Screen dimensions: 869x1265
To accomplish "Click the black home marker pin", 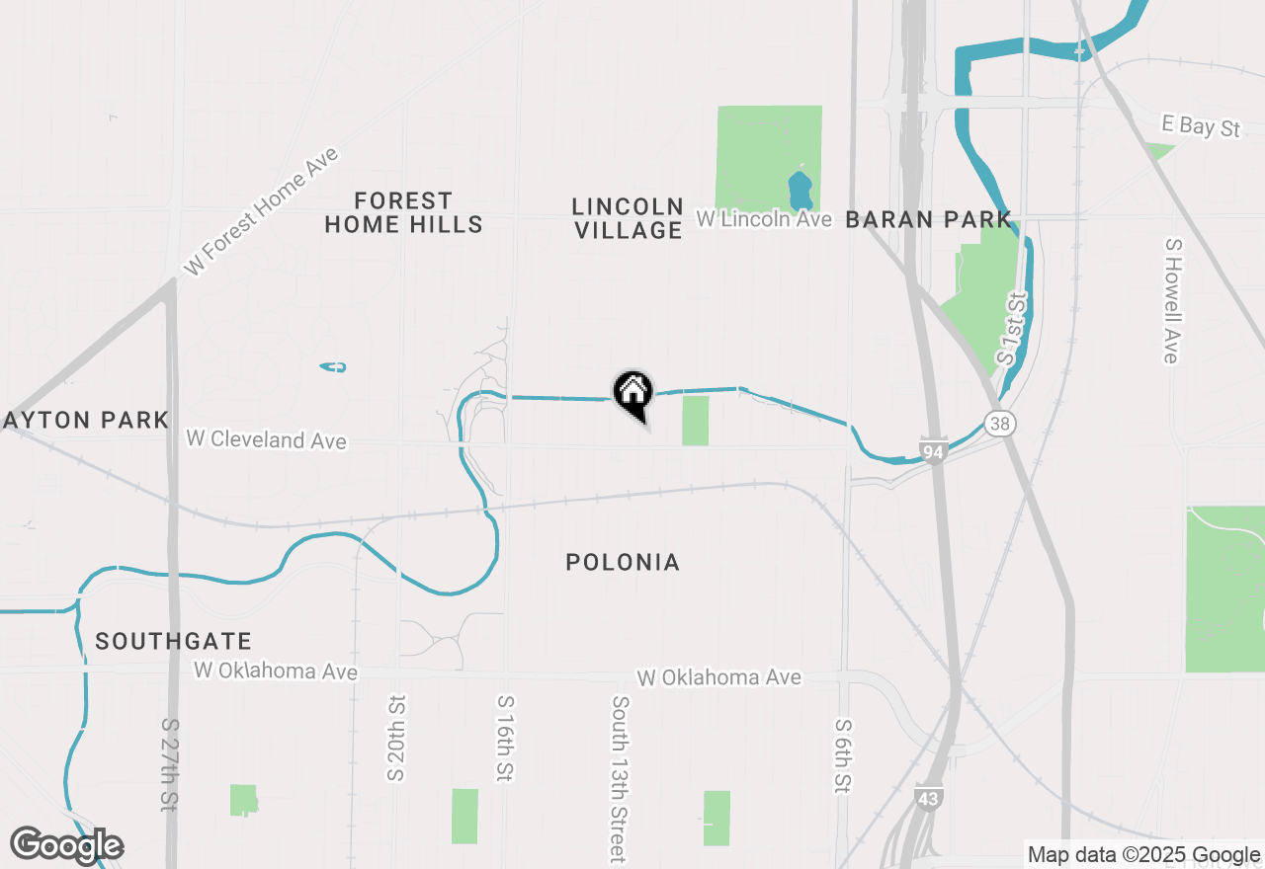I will click(x=633, y=392).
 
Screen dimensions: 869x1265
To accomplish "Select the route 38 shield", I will click(x=1000, y=424).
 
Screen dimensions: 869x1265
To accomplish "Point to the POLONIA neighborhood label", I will click(x=623, y=563).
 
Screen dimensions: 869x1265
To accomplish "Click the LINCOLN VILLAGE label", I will click(x=628, y=218).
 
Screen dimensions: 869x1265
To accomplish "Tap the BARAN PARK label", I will click(x=929, y=219).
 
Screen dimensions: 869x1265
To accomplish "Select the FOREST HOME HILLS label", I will click(x=403, y=212).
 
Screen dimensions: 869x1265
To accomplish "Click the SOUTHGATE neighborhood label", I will click(x=173, y=642).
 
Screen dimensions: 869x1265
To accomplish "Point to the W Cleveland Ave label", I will click(x=266, y=438).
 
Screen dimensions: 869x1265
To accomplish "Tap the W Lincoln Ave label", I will click(x=764, y=218).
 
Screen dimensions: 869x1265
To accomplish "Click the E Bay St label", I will click(x=1201, y=126).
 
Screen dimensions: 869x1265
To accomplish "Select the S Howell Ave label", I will click(x=1172, y=300).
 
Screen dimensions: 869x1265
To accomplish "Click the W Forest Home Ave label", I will click(x=262, y=211).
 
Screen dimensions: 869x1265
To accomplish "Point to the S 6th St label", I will click(x=843, y=755).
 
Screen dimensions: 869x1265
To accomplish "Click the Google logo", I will click(x=67, y=845).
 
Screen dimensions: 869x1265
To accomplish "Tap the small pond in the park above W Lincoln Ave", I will click(x=799, y=187).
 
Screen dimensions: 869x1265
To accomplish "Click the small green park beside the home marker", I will click(x=696, y=421).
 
